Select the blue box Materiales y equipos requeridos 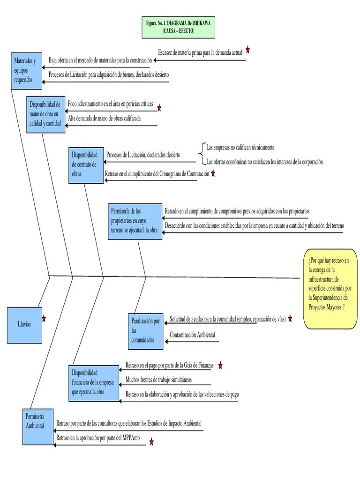pyautogui.click(x=27, y=70)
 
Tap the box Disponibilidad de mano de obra pyautogui.click(x=45, y=113)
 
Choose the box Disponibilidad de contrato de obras pyautogui.click(x=86, y=165)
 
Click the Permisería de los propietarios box pyautogui.click(x=135, y=221)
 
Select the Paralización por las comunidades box pyautogui.click(x=145, y=331)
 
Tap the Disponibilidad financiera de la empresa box pyautogui.click(x=94, y=383)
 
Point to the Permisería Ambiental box pyautogui.click(x=38, y=427)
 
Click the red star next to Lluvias pyautogui.click(x=44, y=319)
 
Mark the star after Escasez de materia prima pyautogui.click(x=247, y=50)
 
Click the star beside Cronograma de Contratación pyautogui.click(x=213, y=173)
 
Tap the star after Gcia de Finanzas pyautogui.click(x=220, y=365)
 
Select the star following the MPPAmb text pyautogui.click(x=151, y=442)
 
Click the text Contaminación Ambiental pyautogui.click(x=192, y=335)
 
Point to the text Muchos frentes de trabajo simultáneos pyautogui.click(x=158, y=379)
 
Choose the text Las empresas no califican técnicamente pyautogui.click(x=240, y=147)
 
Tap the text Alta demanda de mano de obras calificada pyautogui.click(x=104, y=118)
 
